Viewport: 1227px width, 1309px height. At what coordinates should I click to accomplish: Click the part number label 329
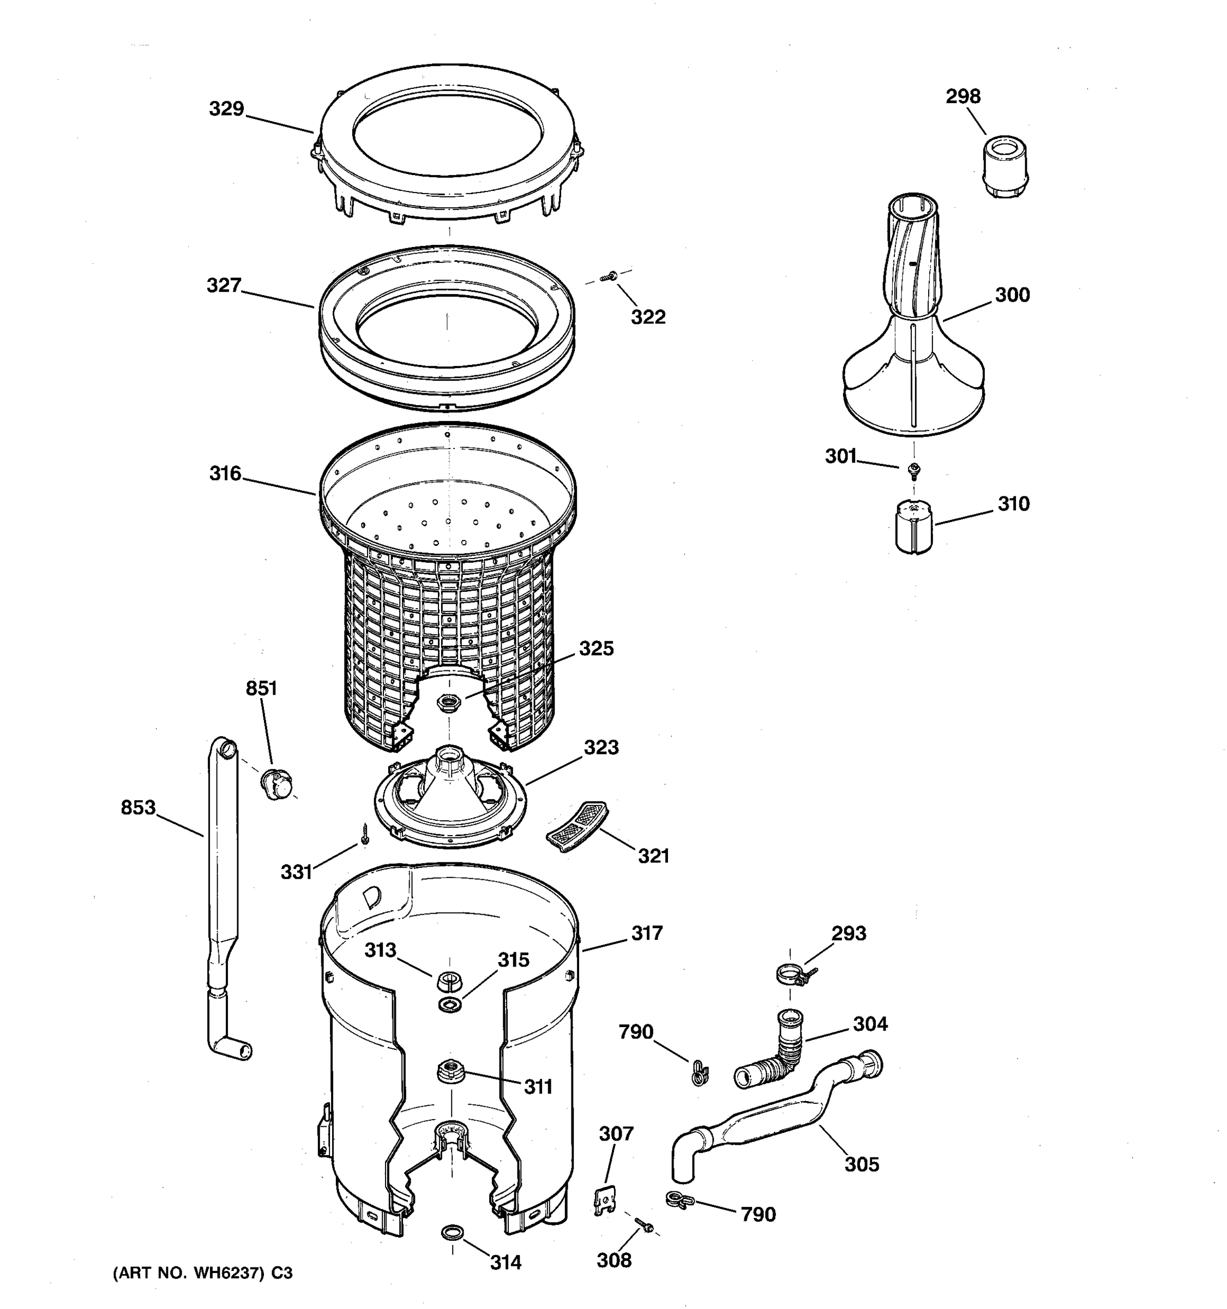226,109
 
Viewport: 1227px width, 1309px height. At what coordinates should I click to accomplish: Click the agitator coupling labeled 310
913,527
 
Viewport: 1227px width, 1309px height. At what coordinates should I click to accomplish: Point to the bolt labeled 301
913,470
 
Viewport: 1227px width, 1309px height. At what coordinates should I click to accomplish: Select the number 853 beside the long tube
138,807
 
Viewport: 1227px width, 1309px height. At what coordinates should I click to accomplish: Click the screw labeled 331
365,833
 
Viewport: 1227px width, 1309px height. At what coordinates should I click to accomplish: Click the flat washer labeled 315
449,1004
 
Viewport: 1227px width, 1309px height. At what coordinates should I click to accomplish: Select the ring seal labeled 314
452,1230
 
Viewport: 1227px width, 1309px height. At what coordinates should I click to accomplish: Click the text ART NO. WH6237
191,1273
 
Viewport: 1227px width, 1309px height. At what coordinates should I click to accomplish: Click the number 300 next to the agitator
1012,295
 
